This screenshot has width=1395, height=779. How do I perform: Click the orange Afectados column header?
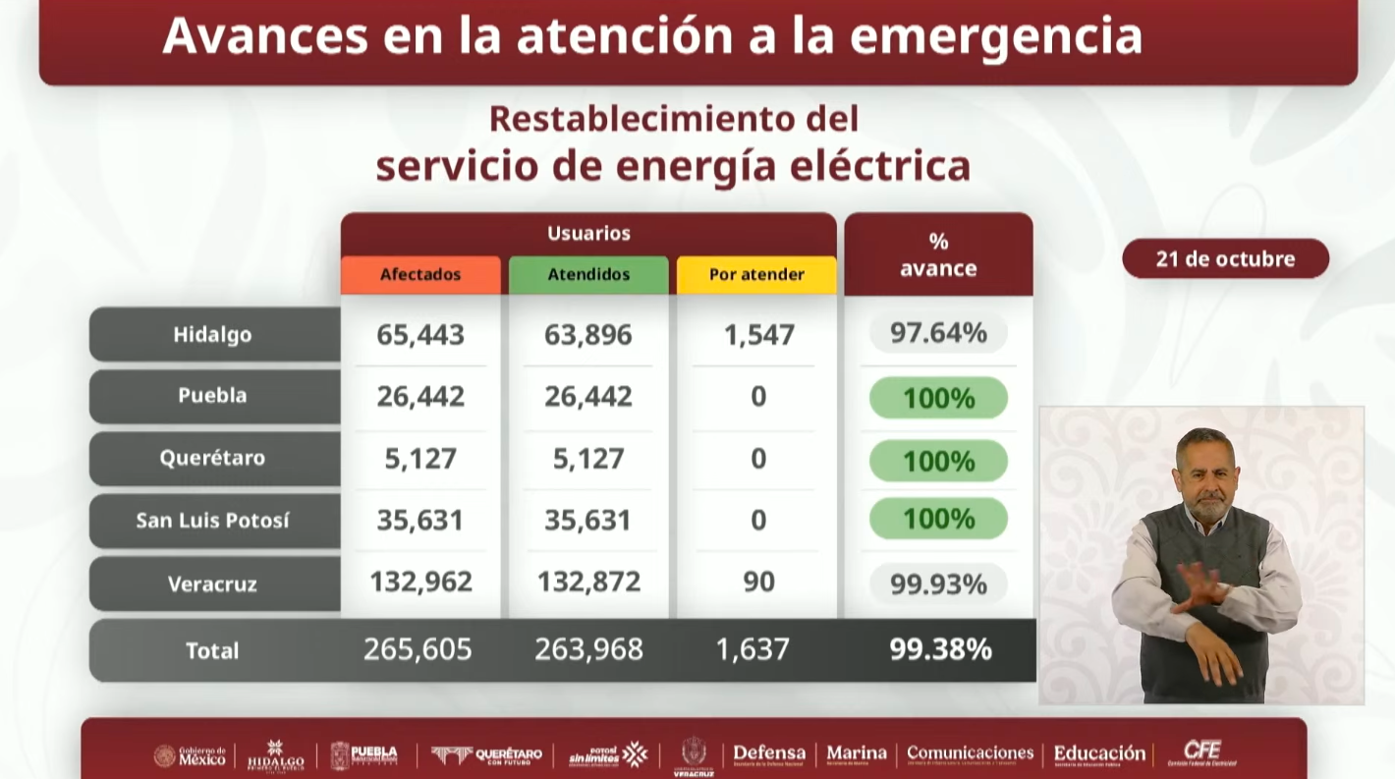[420, 275]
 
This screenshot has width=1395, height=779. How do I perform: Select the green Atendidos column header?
[588, 275]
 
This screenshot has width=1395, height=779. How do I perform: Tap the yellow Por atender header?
[756, 275]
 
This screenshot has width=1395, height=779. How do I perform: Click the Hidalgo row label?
[213, 334]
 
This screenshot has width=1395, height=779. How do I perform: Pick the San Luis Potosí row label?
[213, 521]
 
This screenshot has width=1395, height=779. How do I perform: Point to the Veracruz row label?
[213, 584]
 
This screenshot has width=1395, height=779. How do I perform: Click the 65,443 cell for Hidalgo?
[420, 335]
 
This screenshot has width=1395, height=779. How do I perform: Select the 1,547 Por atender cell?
[758, 335]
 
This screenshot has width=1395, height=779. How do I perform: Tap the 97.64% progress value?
[938, 333]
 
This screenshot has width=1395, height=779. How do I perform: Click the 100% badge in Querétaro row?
[938, 461]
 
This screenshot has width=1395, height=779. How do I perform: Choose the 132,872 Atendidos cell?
[588, 582]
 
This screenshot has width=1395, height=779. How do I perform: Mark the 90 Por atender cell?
[758, 582]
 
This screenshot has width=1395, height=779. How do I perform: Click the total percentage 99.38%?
[940, 649]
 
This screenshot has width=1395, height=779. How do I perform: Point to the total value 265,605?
[418, 649]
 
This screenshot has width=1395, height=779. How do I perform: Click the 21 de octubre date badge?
[1225, 259]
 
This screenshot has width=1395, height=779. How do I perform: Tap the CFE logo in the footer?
[1202, 753]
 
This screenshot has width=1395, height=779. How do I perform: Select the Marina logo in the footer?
[857, 754]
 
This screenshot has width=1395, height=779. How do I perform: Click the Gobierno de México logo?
[191, 755]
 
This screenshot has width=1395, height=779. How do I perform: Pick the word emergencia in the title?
[995, 35]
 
